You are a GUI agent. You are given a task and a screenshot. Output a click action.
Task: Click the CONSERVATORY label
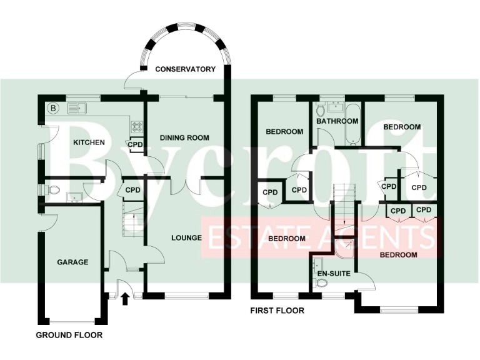coord(185,69)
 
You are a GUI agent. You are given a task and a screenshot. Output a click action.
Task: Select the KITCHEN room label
coord(89,142)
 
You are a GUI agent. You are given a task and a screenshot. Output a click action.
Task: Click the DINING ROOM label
coord(184,137)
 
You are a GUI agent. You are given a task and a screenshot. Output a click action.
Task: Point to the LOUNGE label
coord(186,237)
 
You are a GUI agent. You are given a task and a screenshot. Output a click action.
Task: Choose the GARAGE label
coord(72,262)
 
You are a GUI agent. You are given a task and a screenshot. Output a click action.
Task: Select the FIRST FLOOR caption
coord(277,310)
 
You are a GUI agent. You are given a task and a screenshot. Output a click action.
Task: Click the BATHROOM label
coord(337,121)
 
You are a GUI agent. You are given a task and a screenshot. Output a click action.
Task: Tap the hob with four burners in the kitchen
coord(136,127)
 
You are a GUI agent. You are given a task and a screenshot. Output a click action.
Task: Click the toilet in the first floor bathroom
coord(321,110)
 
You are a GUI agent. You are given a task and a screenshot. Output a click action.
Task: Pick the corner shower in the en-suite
coord(344,249)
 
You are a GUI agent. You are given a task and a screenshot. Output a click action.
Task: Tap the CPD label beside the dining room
coord(136,145)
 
